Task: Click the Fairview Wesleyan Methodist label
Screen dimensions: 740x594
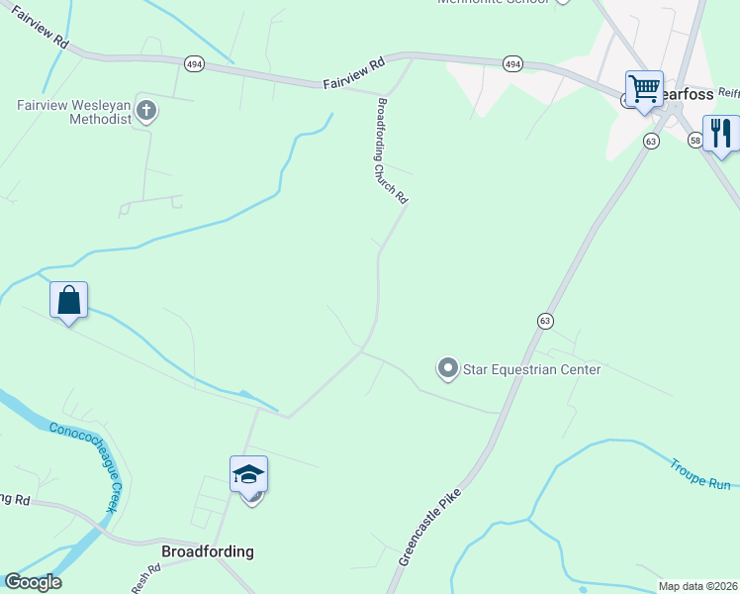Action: click(x=73, y=111)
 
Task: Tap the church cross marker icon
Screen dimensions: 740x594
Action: click(x=146, y=110)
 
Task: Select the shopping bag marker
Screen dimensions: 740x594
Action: click(x=69, y=301)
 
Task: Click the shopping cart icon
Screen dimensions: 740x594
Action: click(x=644, y=89)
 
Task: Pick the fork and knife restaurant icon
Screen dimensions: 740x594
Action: click(x=721, y=134)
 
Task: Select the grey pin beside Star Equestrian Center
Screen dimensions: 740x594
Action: click(x=447, y=369)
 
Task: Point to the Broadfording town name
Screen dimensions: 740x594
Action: click(x=208, y=551)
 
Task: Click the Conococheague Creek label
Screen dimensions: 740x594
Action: click(x=88, y=466)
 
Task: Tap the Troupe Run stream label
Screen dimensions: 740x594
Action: click(x=699, y=473)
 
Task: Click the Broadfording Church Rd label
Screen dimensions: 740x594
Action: click(x=391, y=150)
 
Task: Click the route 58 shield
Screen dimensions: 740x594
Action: click(x=695, y=142)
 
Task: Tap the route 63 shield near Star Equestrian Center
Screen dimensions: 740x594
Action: click(x=545, y=321)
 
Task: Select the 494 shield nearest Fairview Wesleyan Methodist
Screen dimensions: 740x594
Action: click(x=194, y=63)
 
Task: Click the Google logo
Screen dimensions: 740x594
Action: click(x=33, y=582)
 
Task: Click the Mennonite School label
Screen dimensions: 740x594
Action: click(x=494, y=2)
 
